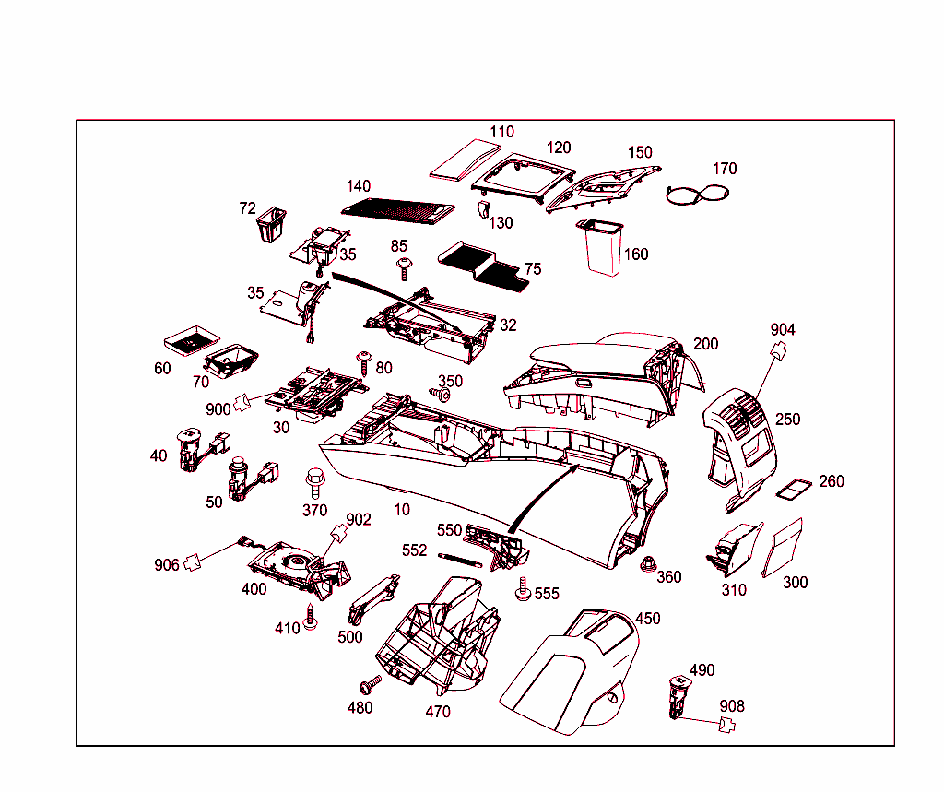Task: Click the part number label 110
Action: click(501, 132)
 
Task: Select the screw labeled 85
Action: click(404, 268)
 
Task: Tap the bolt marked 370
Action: click(314, 481)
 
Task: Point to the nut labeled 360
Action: click(648, 564)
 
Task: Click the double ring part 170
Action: click(697, 194)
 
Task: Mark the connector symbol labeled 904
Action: click(780, 349)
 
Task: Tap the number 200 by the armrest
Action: click(705, 344)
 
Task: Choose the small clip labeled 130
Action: click(482, 209)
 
